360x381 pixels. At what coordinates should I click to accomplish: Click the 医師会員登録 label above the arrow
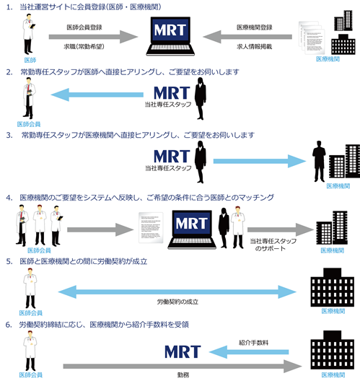tap(84, 27)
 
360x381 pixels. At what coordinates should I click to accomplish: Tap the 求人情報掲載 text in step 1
tap(255, 46)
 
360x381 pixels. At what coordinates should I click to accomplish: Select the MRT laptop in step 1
tap(170, 36)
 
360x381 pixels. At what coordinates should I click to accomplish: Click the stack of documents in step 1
tap(312, 38)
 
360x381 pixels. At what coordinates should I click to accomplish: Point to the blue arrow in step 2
tap(97, 95)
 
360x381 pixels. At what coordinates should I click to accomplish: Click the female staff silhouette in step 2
tap(201, 99)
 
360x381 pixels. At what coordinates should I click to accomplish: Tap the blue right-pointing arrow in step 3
tap(260, 161)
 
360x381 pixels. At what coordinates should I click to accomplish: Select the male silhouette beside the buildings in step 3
tap(319, 162)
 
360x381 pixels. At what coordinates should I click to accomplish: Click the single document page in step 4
tap(151, 228)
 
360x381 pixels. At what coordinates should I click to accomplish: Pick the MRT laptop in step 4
tap(192, 229)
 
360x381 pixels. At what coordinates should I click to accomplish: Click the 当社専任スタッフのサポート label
tap(273, 245)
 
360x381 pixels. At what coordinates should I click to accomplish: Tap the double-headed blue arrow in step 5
tap(177, 292)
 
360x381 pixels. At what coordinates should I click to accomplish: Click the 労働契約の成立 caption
tap(177, 302)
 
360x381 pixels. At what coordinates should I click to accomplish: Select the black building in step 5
tap(332, 287)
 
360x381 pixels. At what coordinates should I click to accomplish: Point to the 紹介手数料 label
tap(254, 343)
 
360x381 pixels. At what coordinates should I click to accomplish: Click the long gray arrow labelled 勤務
tap(183, 366)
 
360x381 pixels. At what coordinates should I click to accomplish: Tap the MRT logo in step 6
tap(183, 351)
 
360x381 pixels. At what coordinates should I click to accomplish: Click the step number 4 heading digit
tap(9, 198)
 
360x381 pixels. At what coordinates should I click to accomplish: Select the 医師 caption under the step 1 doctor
tap(30, 60)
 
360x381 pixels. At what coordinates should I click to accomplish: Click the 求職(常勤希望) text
tap(84, 46)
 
